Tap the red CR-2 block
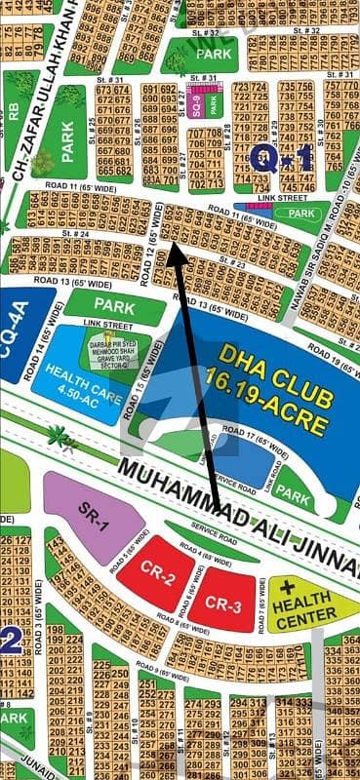(x=156, y=578)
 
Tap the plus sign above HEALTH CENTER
(x=287, y=589)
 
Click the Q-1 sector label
(x=280, y=156)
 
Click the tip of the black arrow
(x=174, y=245)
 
